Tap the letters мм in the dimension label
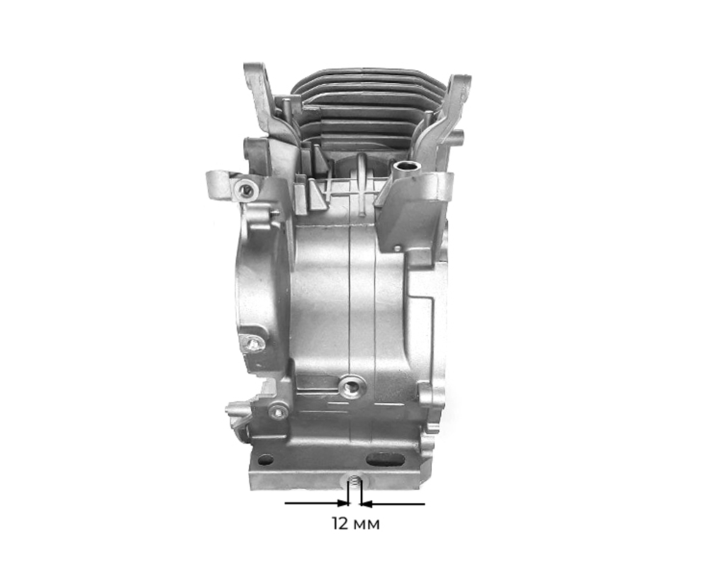(367, 525)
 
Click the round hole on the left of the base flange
(266, 460)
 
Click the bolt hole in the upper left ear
(246, 189)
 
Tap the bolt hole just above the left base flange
(279, 411)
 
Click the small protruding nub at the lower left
(233, 410)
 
